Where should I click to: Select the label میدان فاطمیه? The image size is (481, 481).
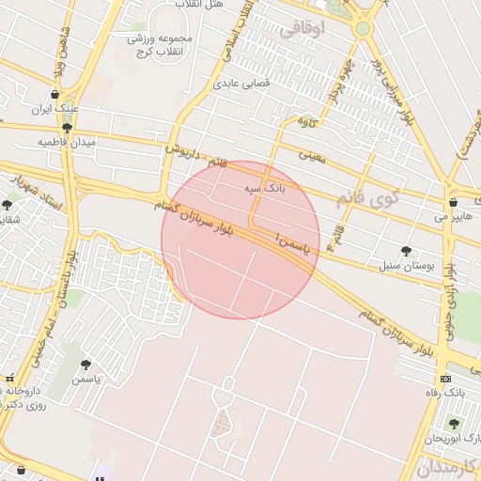(68, 142)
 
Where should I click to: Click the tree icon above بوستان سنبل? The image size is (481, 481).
(405, 251)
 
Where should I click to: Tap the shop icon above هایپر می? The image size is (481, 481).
(454, 202)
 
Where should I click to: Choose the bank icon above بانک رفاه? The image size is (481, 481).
(444, 378)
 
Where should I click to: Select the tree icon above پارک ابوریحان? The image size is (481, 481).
(454, 425)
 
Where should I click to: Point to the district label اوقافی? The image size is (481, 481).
(302, 29)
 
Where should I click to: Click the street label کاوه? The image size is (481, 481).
(307, 120)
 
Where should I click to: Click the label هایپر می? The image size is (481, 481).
(449, 216)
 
